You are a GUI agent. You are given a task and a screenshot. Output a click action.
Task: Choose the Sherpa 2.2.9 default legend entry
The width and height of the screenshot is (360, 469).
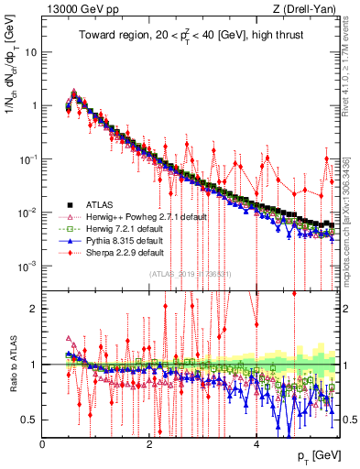tap(124, 252)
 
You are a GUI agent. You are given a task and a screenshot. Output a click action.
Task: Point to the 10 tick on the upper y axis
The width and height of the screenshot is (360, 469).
tap(29, 51)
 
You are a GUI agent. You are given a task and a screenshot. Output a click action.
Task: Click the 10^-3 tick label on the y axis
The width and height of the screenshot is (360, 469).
tap(27, 266)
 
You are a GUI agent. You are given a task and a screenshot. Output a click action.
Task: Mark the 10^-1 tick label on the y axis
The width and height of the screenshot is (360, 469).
tap(27, 158)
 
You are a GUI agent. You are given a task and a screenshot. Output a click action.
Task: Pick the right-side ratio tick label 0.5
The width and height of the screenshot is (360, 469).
tap(346, 420)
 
